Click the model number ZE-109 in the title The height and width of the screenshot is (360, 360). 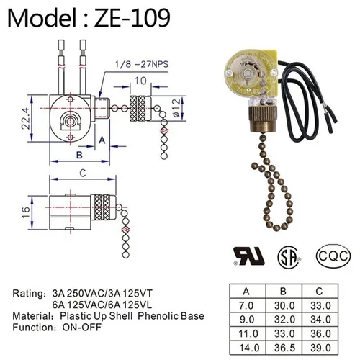132,17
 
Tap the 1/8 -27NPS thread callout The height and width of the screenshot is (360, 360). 142,64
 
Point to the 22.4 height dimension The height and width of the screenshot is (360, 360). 26,119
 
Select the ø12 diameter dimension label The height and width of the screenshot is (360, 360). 176,108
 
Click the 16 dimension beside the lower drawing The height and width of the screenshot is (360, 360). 26,212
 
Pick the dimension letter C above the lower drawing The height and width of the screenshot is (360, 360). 83,173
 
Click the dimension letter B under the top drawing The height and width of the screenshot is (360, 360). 79,156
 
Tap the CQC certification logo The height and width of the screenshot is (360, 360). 333,256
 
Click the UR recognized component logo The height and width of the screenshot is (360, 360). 249,256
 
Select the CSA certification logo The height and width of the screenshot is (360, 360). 289,258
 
